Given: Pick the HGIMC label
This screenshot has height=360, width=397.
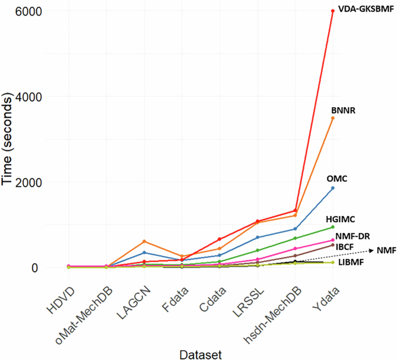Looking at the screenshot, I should point(340,219).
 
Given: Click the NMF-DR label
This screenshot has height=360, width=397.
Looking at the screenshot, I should point(352,235).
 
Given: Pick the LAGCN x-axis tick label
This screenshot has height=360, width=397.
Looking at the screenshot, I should point(136,297).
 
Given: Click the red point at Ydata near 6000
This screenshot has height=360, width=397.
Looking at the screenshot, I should point(333,11).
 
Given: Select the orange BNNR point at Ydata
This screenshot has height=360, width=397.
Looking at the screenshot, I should point(333,118).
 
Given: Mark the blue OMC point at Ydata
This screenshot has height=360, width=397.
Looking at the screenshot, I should point(333,188).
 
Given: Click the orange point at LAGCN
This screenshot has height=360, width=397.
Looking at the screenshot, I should point(143,242).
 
